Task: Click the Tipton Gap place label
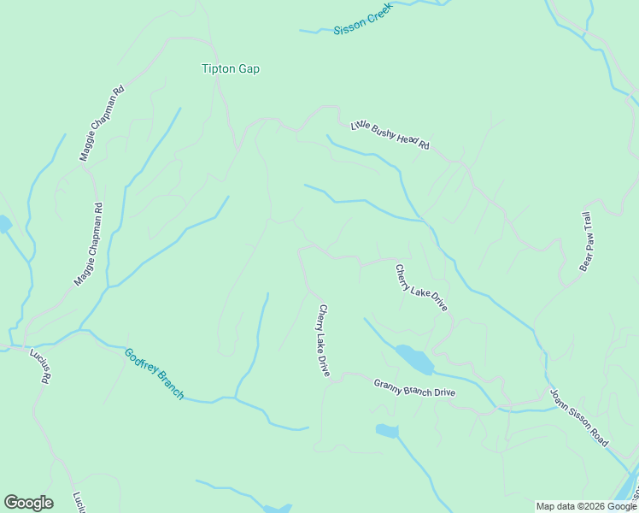click(230, 68)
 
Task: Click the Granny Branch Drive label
click(414, 387)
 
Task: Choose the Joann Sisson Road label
click(579, 418)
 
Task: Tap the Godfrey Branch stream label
click(154, 373)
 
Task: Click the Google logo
click(28, 503)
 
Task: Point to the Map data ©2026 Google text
click(586, 506)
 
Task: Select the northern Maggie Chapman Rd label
click(102, 123)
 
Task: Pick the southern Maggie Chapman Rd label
click(88, 243)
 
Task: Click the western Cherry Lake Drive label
click(324, 340)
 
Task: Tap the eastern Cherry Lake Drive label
click(421, 288)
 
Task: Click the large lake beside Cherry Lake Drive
click(414, 359)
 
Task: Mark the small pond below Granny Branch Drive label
click(386, 431)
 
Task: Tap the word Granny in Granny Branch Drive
click(388, 383)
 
